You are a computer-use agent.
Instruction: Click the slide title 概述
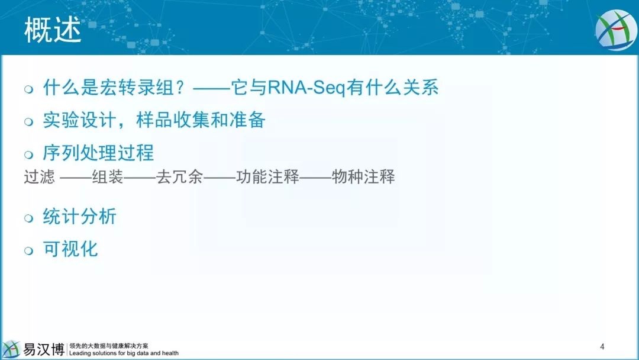click(x=53, y=30)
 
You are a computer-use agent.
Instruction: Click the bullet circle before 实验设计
click(x=28, y=121)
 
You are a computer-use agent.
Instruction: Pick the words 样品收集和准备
click(x=201, y=120)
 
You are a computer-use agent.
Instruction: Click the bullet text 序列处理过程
click(x=98, y=153)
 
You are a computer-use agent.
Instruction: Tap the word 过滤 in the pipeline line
click(x=39, y=177)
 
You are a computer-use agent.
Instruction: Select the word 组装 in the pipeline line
click(x=108, y=177)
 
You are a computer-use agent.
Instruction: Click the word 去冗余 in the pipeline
click(x=179, y=177)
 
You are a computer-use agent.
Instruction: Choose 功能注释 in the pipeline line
click(x=267, y=177)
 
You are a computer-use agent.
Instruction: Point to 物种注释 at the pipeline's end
click(x=363, y=177)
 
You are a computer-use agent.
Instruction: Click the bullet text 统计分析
click(x=80, y=216)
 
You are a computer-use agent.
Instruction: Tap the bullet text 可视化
click(x=70, y=249)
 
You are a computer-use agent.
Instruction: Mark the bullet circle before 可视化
click(x=28, y=250)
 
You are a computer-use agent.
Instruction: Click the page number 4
click(x=602, y=347)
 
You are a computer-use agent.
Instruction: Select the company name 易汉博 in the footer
click(x=44, y=349)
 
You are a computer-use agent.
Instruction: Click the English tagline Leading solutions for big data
click(x=110, y=353)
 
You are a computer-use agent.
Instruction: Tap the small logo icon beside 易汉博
click(x=11, y=349)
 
